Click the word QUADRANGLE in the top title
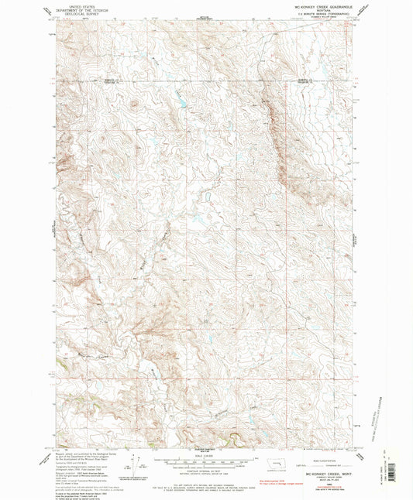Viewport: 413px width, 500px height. (336, 6)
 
